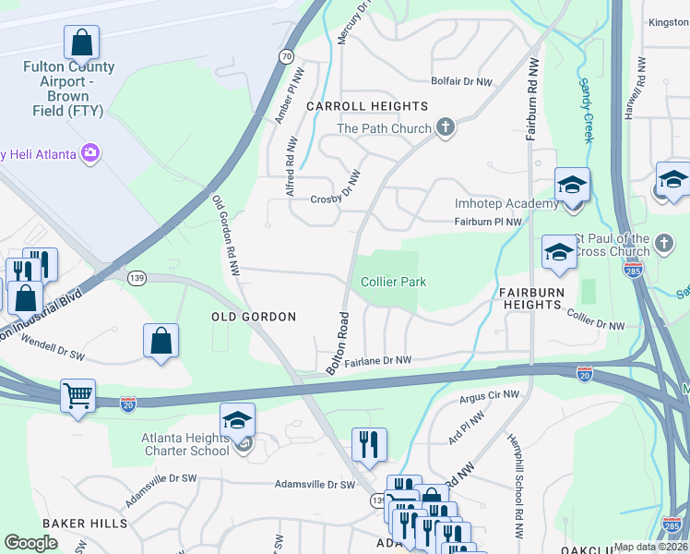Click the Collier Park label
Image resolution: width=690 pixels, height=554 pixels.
[x=393, y=282]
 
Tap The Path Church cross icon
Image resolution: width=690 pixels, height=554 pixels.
[x=446, y=127]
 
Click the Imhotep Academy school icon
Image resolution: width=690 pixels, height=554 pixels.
[x=571, y=185]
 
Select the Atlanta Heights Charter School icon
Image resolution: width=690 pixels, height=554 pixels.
[x=237, y=420]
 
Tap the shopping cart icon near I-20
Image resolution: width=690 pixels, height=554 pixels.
[x=78, y=397]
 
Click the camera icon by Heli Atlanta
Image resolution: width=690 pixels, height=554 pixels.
[x=89, y=153]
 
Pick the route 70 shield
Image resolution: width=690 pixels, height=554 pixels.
[x=287, y=56]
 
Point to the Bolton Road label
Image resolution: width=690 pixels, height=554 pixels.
[x=337, y=343]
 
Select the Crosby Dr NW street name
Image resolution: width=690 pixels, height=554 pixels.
[x=334, y=199]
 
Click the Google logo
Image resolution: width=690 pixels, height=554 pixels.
[x=30, y=544]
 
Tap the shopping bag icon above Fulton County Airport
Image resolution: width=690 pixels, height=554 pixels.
[x=81, y=42]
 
